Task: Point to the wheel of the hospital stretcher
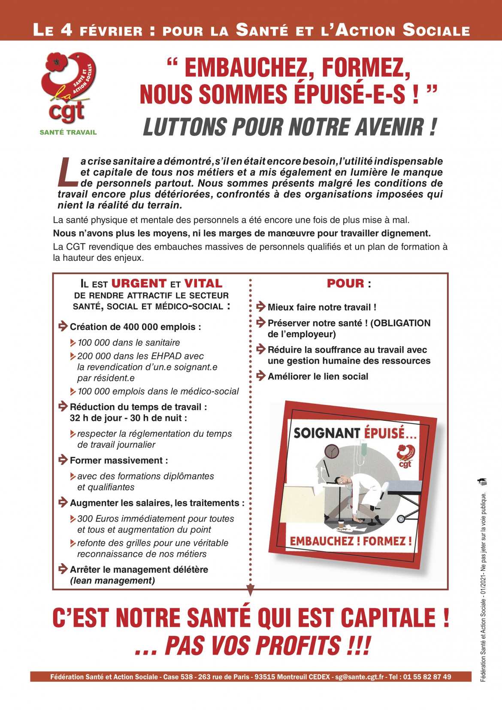(x=401, y=519)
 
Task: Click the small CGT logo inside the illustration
(x=406, y=456)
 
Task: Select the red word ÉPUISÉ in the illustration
(x=390, y=433)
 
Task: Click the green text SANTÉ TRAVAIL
(x=68, y=132)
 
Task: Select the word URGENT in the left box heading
(x=139, y=284)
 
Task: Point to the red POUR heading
(x=345, y=284)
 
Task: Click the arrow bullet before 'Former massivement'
(x=63, y=460)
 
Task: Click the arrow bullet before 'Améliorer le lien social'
(x=261, y=376)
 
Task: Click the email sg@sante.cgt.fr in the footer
(x=360, y=677)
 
